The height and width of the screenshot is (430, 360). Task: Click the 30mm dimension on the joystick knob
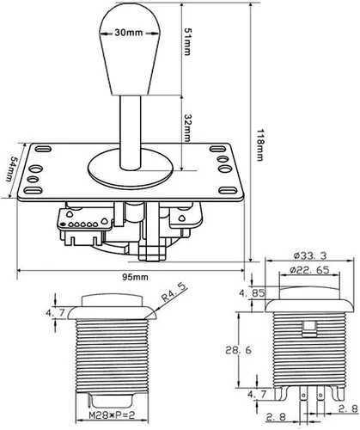[129, 33]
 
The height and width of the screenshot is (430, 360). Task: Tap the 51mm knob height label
[187, 41]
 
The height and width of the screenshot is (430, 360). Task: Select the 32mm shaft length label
[187, 128]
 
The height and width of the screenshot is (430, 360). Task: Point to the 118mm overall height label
[259, 144]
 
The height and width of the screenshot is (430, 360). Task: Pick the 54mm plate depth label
[12, 169]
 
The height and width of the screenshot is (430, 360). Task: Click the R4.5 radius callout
[174, 292]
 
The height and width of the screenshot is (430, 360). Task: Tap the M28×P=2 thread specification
[112, 415]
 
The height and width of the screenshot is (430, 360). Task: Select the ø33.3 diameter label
[310, 255]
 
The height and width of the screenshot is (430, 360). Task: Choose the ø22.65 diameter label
[309, 270]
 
